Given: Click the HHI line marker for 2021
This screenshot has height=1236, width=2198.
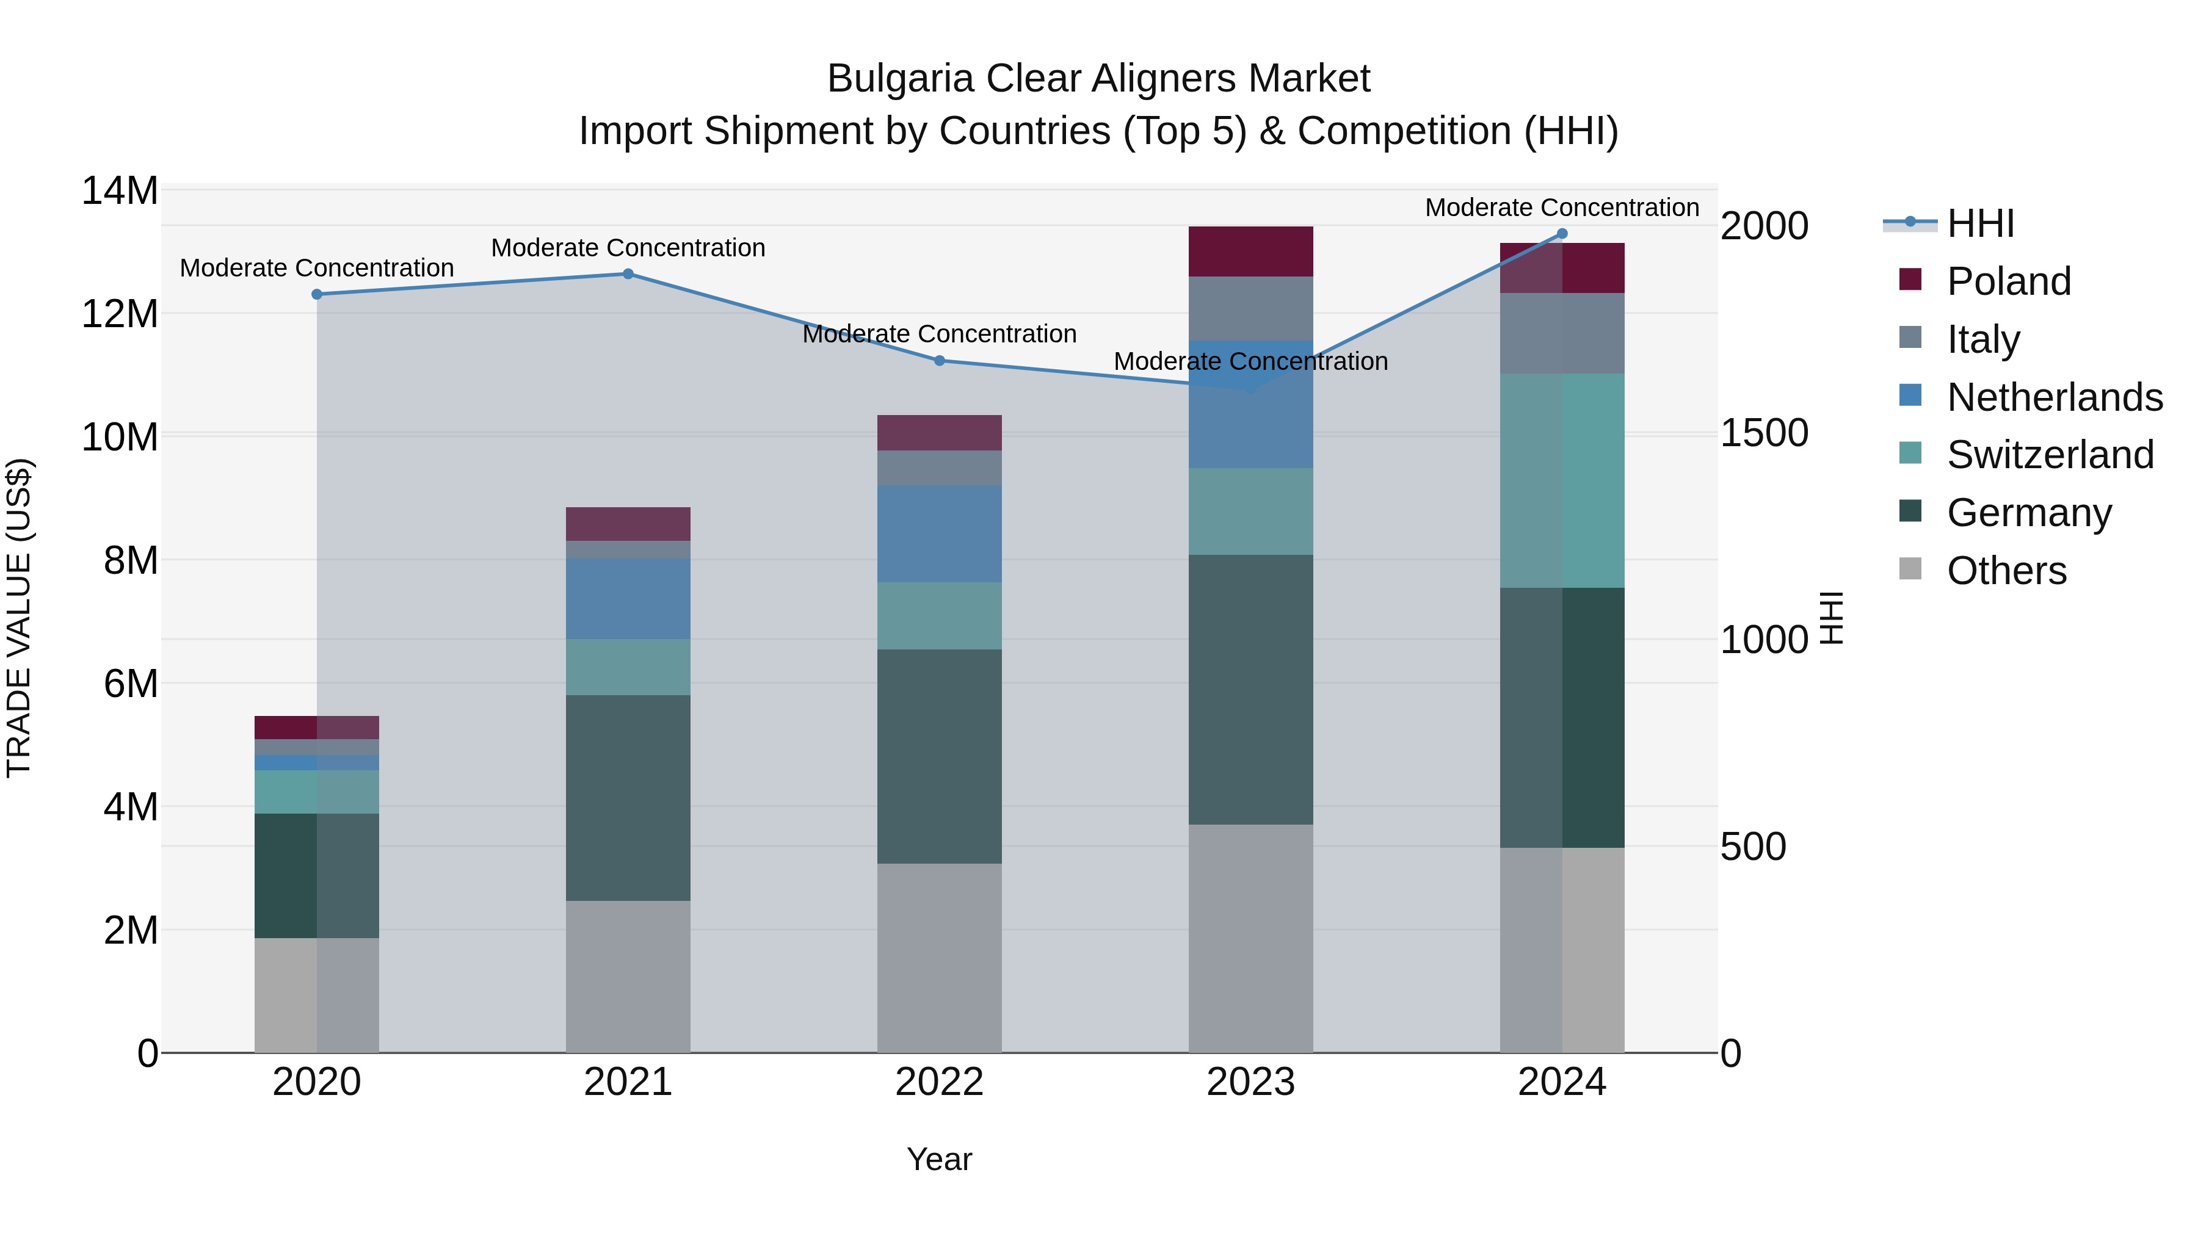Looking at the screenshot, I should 628,274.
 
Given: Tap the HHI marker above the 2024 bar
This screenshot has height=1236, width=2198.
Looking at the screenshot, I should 1562,233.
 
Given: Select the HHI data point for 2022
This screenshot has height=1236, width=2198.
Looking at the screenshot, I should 940,360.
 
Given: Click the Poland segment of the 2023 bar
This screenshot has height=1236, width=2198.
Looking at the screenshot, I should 1251,251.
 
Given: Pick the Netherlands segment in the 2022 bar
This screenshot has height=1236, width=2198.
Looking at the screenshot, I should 940,534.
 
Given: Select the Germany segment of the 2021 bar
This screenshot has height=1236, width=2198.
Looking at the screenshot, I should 628,798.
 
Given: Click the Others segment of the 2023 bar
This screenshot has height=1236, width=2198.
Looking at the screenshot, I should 1251,938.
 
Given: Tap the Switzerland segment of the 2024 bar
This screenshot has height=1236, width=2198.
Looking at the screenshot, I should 1562,480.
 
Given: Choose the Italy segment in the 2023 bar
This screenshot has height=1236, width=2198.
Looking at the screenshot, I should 1251,308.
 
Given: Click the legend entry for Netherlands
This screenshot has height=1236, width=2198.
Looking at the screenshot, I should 2054,397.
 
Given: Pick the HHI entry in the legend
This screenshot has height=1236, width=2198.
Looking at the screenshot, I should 1979,223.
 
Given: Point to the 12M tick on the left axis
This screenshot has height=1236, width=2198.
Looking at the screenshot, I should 120,314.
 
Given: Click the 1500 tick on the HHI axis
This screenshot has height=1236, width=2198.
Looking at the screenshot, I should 1763,433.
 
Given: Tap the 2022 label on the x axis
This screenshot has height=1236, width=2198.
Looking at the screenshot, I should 940,1082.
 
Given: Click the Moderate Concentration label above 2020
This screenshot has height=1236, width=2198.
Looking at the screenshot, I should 316,268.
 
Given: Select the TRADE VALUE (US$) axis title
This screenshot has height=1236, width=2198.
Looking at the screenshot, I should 20,618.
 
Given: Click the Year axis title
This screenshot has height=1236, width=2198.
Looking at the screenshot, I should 940,1159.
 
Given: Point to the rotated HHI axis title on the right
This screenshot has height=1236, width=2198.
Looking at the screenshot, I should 1831,618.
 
